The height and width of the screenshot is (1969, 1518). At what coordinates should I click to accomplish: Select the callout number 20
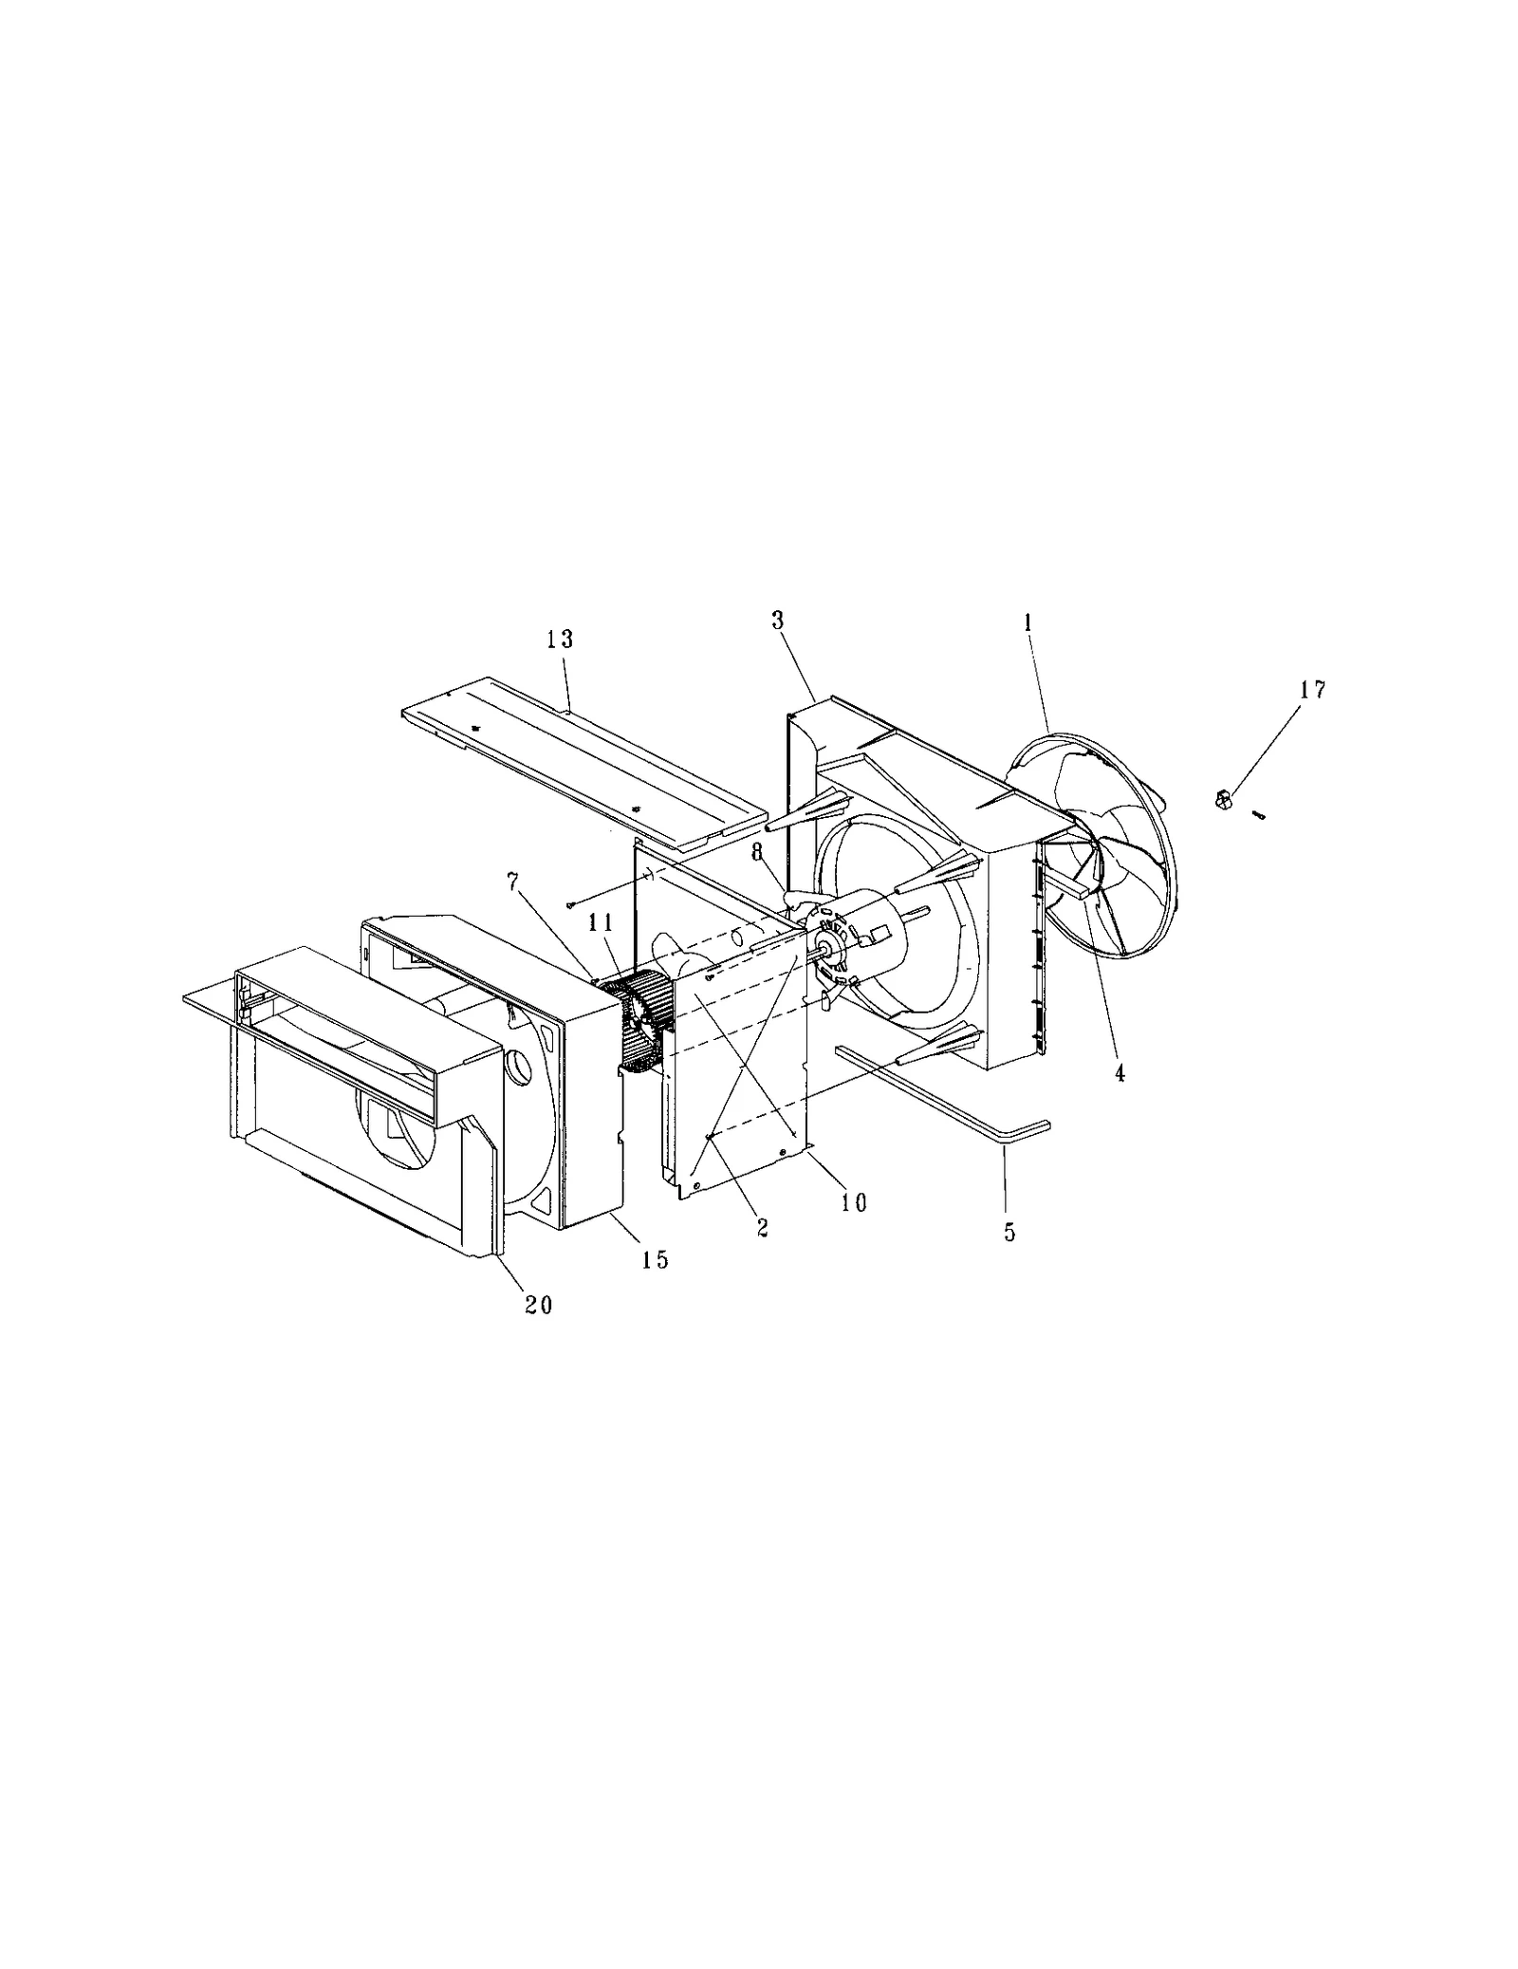pyautogui.click(x=538, y=1305)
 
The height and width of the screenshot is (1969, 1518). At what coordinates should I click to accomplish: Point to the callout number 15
pyautogui.click(x=655, y=1259)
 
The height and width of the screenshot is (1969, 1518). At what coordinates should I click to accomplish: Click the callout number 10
pyautogui.click(x=854, y=1202)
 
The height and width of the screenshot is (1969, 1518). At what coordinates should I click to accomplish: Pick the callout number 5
pyautogui.click(x=1009, y=1232)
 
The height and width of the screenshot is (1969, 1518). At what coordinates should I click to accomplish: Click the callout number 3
pyautogui.click(x=777, y=621)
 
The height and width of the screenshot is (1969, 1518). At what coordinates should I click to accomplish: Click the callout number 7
pyautogui.click(x=513, y=882)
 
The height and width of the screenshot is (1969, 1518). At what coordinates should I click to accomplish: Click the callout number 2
pyautogui.click(x=762, y=1227)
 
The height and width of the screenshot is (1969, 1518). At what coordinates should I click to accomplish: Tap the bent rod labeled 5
pyautogui.click(x=939, y=1087)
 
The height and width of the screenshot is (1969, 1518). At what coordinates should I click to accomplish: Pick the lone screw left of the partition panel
pyautogui.click(x=569, y=904)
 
